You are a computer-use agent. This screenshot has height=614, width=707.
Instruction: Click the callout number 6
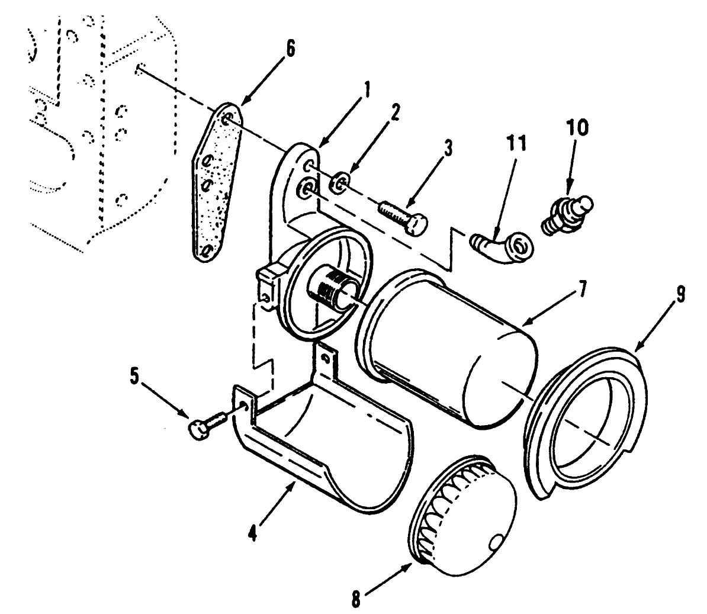tap(289, 48)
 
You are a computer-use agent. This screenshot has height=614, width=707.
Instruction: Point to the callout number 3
tap(448, 147)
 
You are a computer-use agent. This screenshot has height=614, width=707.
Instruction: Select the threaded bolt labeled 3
tap(403, 218)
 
